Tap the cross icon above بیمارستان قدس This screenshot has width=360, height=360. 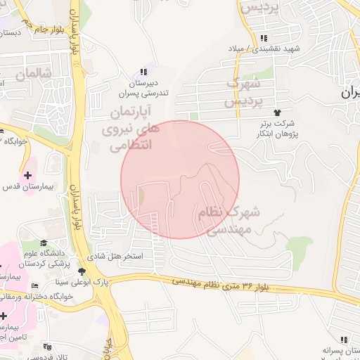27,174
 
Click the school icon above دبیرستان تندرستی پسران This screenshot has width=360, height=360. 144,72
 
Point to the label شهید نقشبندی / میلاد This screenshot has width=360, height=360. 263,49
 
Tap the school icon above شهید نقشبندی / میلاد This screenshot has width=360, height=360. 263,38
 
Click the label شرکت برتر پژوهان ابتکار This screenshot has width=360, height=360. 278,128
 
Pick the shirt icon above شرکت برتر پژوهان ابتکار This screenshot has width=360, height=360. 278,112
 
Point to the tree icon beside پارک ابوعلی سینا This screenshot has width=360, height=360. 82,271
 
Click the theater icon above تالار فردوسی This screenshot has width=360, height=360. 47,347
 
